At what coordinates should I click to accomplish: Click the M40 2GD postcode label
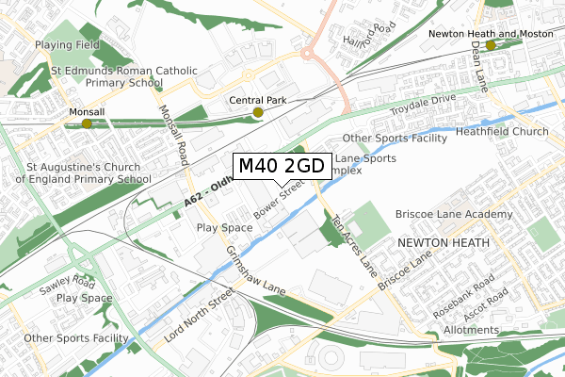(x=282, y=166)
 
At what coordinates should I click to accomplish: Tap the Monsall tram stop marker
(x=87, y=123)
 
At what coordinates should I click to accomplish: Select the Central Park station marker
(x=258, y=113)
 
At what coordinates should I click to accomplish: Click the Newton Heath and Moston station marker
(x=491, y=45)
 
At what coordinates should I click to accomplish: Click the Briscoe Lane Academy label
(x=454, y=215)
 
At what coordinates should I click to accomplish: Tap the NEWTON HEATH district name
(x=444, y=243)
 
